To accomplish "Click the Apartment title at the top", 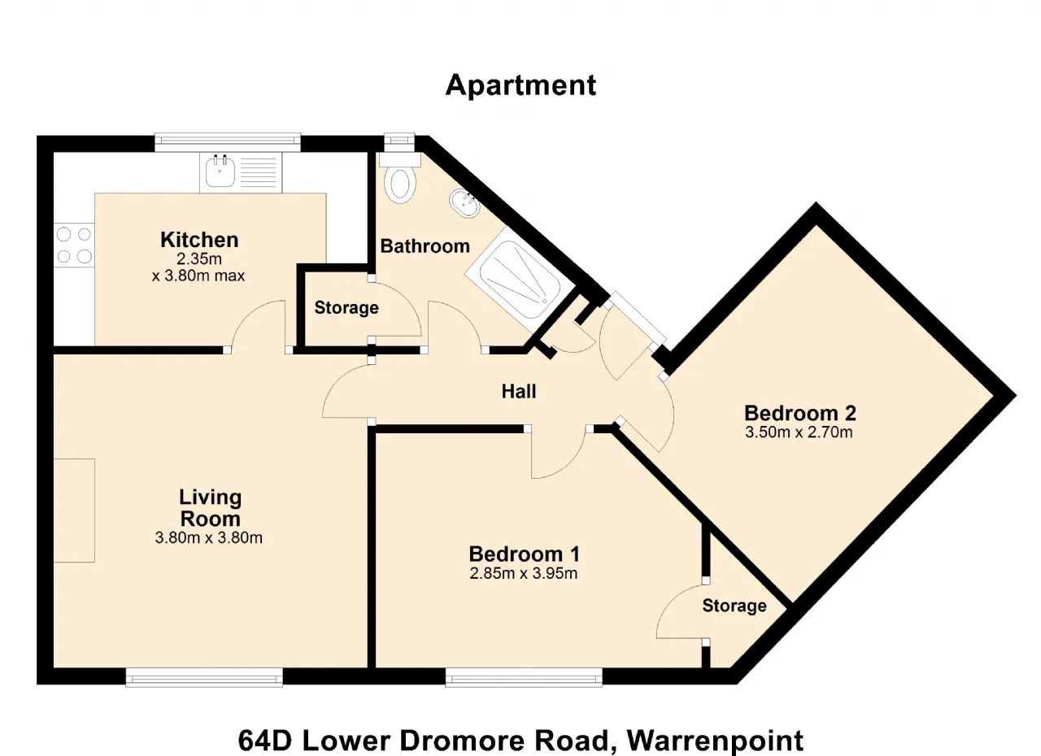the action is point(520,85).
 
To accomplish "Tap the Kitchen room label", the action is point(199,240).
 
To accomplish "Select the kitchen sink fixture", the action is point(241,172).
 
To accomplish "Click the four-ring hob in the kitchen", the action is point(74,245).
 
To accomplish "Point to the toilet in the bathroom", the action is point(400,179).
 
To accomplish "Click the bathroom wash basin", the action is point(464,204).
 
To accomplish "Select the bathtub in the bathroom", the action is point(520,279).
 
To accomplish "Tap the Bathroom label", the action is point(425,246).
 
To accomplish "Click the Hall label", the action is point(519,392).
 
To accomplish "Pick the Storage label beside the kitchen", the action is point(346,307).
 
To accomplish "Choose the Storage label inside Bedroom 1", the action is point(734,606).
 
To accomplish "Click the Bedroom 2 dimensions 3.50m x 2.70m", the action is point(799,432).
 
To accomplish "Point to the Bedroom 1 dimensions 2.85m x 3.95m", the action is point(523,573).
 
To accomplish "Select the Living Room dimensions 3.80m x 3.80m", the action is point(209,538).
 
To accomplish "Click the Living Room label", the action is point(210,508).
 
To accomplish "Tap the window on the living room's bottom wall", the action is point(204,677).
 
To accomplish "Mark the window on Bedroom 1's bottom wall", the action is point(524,677).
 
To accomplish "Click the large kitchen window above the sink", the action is point(228,143).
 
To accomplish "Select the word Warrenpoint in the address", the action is point(715,741).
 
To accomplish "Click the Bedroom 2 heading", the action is point(799,413).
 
